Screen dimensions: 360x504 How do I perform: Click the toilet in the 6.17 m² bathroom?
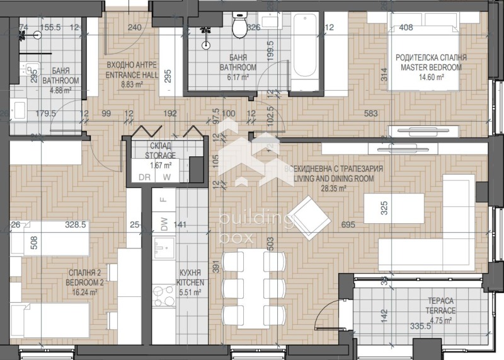(240, 25)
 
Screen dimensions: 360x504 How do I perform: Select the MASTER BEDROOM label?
(431, 66)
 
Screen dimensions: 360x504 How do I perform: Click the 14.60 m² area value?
(431, 76)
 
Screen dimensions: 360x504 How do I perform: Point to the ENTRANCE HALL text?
(130, 74)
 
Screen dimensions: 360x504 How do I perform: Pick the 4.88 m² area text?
(60, 89)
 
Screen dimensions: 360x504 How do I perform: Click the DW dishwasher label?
(164, 224)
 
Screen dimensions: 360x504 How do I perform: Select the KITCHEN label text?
(188, 283)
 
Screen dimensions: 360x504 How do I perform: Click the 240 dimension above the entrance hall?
(134, 27)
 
